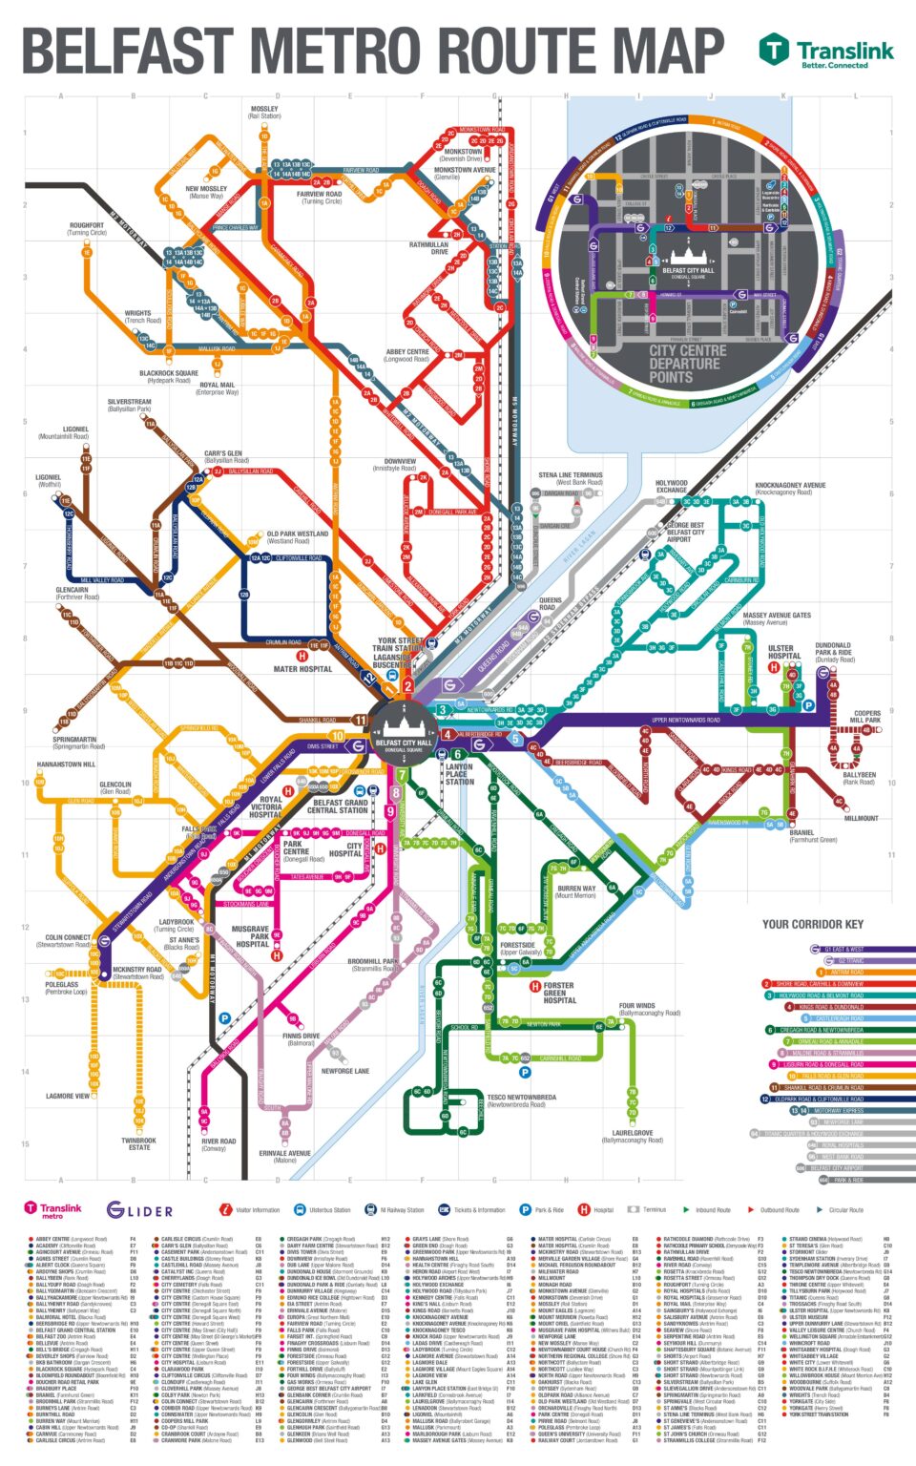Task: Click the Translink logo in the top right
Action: tap(826, 52)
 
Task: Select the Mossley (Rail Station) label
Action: tap(264, 113)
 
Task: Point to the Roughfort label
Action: tap(87, 229)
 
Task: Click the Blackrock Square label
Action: tap(169, 376)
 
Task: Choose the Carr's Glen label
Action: tap(223, 457)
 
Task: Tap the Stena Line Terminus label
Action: tap(571, 478)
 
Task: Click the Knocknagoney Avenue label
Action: tap(790, 489)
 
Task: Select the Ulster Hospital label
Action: tap(784, 652)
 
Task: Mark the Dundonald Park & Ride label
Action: tap(834, 652)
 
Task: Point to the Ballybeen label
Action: tap(859, 779)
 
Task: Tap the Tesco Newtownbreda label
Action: tap(521, 1100)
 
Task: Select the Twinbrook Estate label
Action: tap(138, 1143)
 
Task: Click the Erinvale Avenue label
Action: tap(284, 1156)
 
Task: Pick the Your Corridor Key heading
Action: tap(812, 924)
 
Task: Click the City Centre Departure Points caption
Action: tap(687, 364)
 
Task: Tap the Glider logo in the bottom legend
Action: tap(140, 1211)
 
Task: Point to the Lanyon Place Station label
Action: tap(459, 773)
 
